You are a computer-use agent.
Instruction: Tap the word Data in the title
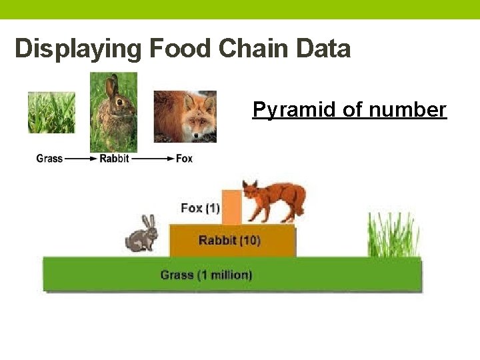coord(327,49)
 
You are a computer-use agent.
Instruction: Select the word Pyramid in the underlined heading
coord(293,109)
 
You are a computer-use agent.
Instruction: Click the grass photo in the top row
coord(51,113)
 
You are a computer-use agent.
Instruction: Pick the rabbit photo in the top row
coord(113,112)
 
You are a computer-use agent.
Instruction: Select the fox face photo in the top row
coord(185,117)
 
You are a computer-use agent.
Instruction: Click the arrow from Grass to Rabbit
coord(81,159)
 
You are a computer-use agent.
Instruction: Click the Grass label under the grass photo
coord(49,159)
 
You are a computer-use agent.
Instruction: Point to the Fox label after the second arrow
coord(184,159)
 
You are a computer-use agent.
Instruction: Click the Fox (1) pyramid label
coord(200,208)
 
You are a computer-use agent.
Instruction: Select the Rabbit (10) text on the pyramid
coord(229,241)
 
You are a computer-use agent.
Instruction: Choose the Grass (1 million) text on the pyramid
coord(207,275)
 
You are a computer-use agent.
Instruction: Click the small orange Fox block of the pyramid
coord(231,207)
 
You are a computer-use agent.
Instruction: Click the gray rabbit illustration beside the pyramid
coord(142,235)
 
